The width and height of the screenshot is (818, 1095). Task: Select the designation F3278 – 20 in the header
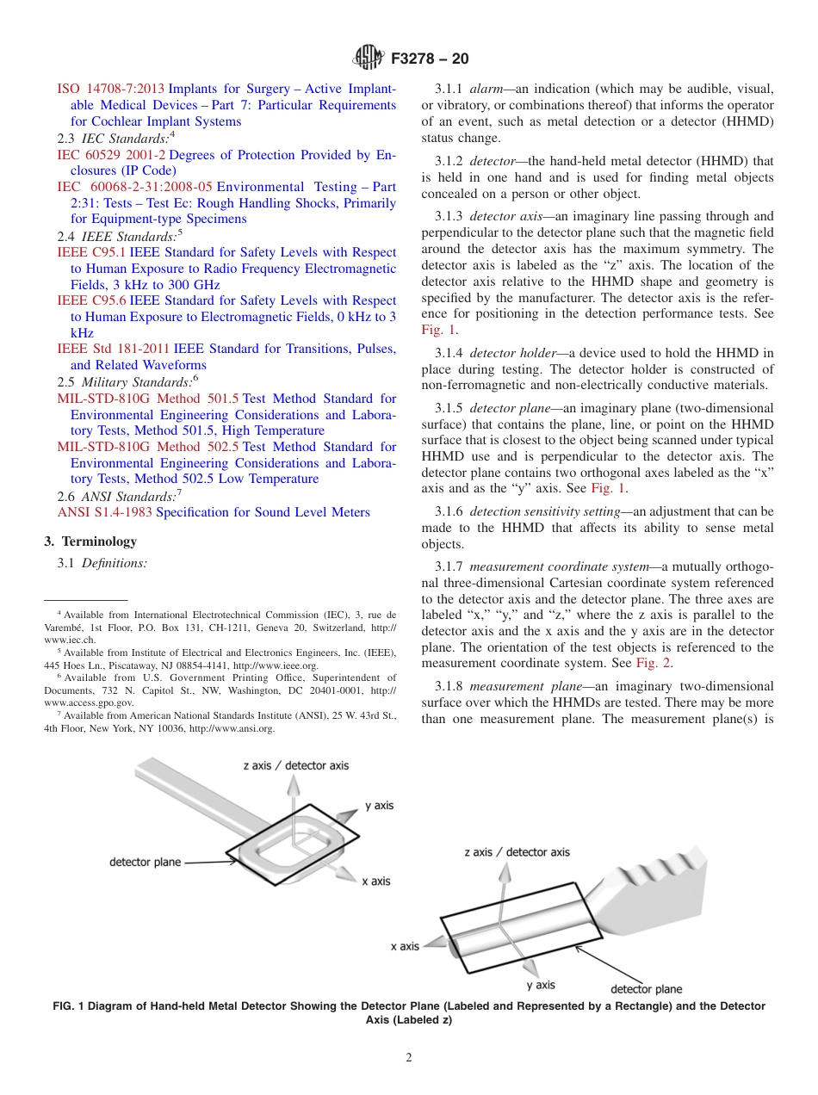[430, 59]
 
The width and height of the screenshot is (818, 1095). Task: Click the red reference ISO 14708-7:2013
[110, 89]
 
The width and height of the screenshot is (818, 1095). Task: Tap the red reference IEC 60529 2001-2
[110, 155]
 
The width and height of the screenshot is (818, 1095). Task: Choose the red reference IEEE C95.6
[91, 300]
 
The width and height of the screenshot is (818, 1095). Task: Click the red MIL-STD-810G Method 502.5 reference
[147, 447]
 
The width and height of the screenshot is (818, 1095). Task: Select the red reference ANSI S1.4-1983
[104, 512]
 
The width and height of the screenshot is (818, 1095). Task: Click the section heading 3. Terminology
[90, 541]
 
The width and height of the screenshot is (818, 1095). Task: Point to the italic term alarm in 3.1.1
[486, 89]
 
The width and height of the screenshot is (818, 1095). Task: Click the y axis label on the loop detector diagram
[379, 806]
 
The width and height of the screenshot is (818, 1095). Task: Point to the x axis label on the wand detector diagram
[405, 946]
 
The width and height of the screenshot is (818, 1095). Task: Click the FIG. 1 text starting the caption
[69, 1006]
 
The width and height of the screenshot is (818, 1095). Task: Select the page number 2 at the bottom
[409, 1058]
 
